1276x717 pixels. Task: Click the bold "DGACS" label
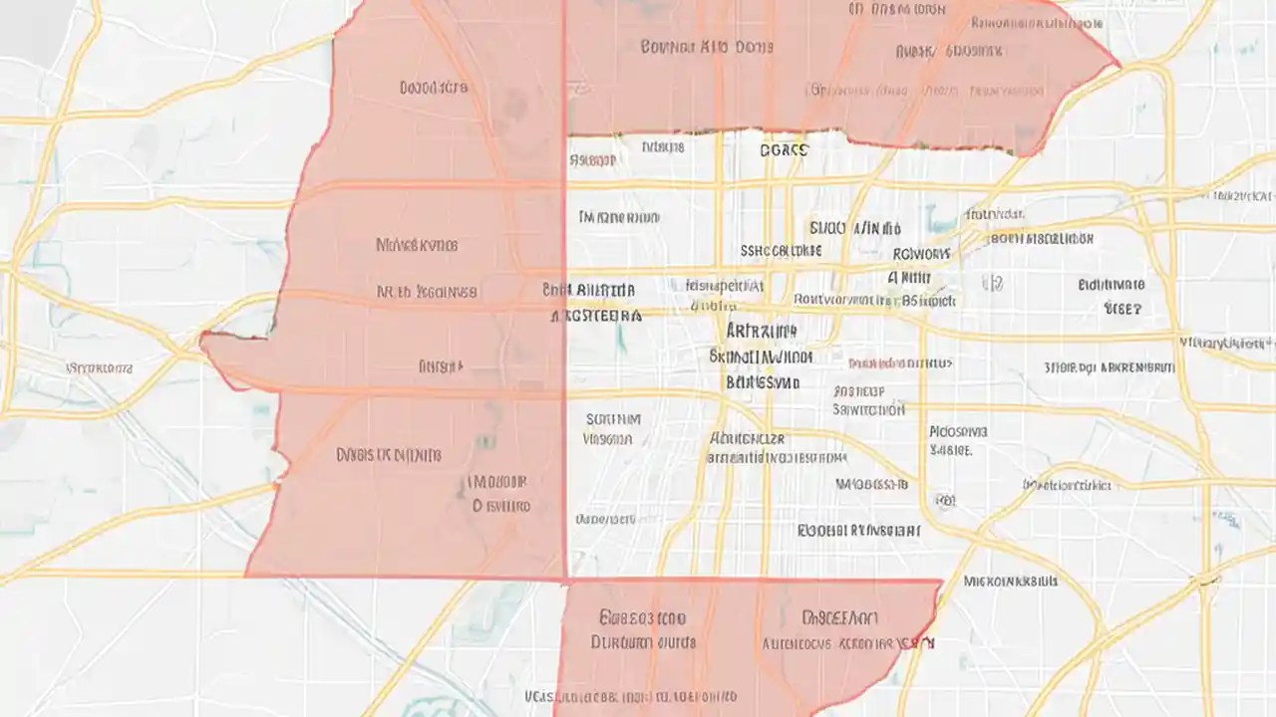point(784,150)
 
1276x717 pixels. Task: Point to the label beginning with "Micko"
point(1010,580)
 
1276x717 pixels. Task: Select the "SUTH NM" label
point(613,419)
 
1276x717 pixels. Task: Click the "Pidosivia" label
point(958,432)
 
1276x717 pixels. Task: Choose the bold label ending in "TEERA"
point(596,315)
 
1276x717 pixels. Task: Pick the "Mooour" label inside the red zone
point(497,482)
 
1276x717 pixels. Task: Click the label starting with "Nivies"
point(417,244)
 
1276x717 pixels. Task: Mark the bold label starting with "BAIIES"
point(762,381)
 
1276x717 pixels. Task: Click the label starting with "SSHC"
point(781,250)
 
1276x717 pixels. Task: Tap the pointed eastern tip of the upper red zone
point(1118,67)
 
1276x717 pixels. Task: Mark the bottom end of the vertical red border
point(565,578)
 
